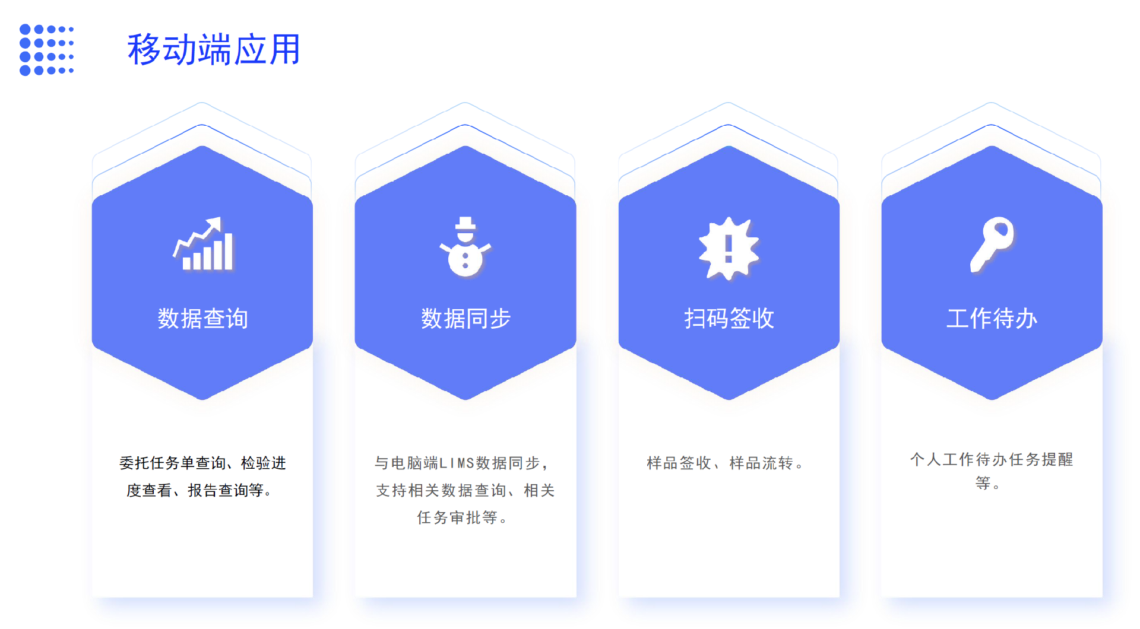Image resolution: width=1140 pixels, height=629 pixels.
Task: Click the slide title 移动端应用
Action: [x=214, y=49]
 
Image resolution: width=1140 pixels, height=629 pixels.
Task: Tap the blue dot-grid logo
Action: [x=46, y=50]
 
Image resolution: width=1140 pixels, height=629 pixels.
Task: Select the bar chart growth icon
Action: [x=203, y=244]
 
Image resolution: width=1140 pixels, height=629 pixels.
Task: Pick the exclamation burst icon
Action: [x=729, y=248]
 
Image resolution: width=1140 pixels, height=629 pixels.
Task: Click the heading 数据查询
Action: [x=202, y=319]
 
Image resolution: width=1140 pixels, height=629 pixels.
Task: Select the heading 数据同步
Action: [x=465, y=319]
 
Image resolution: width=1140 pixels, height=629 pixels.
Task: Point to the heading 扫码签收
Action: [x=729, y=319]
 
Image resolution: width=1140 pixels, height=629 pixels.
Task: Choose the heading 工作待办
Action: [x=992, y=319]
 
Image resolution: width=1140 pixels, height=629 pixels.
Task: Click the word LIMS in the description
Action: [x=457, y=463]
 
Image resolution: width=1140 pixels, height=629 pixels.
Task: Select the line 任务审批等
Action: [x=457, y=517]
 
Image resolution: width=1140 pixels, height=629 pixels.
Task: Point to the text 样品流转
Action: [x=761, y=463]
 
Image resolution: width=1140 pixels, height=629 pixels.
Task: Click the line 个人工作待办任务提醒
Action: [x=992, y=459]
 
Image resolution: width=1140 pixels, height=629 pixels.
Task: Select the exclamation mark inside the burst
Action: [x=729, y=247]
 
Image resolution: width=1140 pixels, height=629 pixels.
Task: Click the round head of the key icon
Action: [x=1000, y=231]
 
